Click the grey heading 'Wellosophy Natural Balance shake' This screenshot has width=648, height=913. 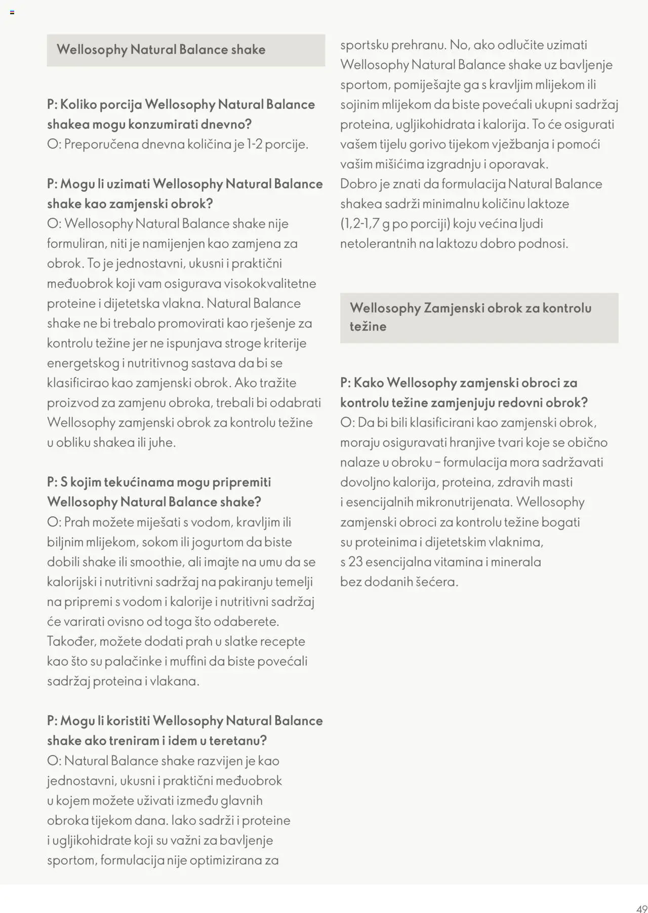[161, 50]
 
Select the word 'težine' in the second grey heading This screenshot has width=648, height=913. [368, 326]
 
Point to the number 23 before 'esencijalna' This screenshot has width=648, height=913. [355, 562]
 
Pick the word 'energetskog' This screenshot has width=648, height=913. [83, 363]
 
